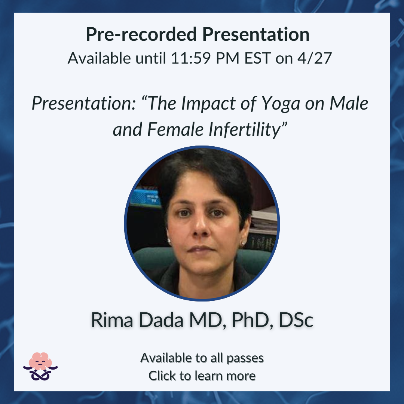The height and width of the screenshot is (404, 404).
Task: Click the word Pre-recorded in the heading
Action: (141, 34)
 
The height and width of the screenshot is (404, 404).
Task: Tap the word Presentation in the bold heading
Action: (256, 34)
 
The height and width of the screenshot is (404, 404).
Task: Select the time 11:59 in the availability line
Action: (191, 58)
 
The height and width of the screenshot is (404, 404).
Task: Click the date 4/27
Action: (315, 58)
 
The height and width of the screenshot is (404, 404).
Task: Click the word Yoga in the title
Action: (281, 104)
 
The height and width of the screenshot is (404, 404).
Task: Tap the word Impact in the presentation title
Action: (208, 103)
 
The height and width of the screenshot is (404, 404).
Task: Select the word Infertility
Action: (244, 129)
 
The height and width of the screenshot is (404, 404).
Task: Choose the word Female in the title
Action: (175, 129)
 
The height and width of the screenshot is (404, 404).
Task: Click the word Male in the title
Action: (349, 103)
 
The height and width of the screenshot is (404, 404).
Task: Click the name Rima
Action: (112, 320)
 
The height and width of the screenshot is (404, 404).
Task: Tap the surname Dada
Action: (161, 320)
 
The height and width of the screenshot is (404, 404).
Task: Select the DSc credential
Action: (296, 320)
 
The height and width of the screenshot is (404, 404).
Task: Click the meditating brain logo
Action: (40, 366)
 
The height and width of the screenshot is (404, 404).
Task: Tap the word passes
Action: (245, 358)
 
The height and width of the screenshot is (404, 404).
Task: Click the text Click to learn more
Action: (202, 376)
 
